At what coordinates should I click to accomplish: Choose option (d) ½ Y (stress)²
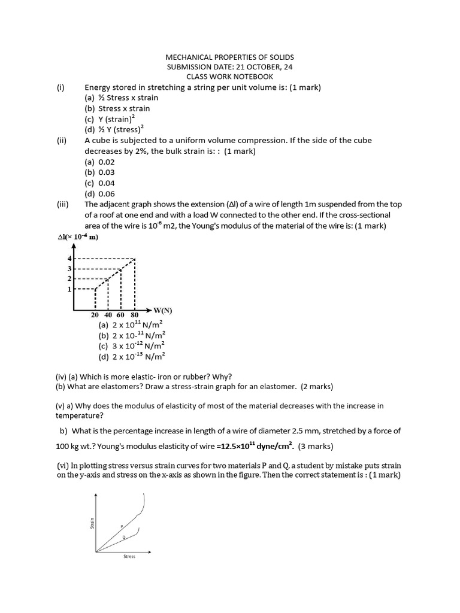(x=114, y=129)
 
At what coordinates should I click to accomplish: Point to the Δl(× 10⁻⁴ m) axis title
(x=77, y=237)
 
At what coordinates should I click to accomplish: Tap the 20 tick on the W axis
(x=95, y=315)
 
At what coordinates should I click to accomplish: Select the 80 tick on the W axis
(x=134, y=315)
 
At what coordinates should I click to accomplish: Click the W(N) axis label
(x=162, y=310)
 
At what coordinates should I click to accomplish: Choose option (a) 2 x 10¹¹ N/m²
(x=131, y=325)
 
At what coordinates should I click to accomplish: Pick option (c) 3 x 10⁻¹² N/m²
(x=131, y=346)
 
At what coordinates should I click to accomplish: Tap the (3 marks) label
(x=315, y=447)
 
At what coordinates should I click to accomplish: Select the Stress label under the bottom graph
(x=129, y=557)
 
